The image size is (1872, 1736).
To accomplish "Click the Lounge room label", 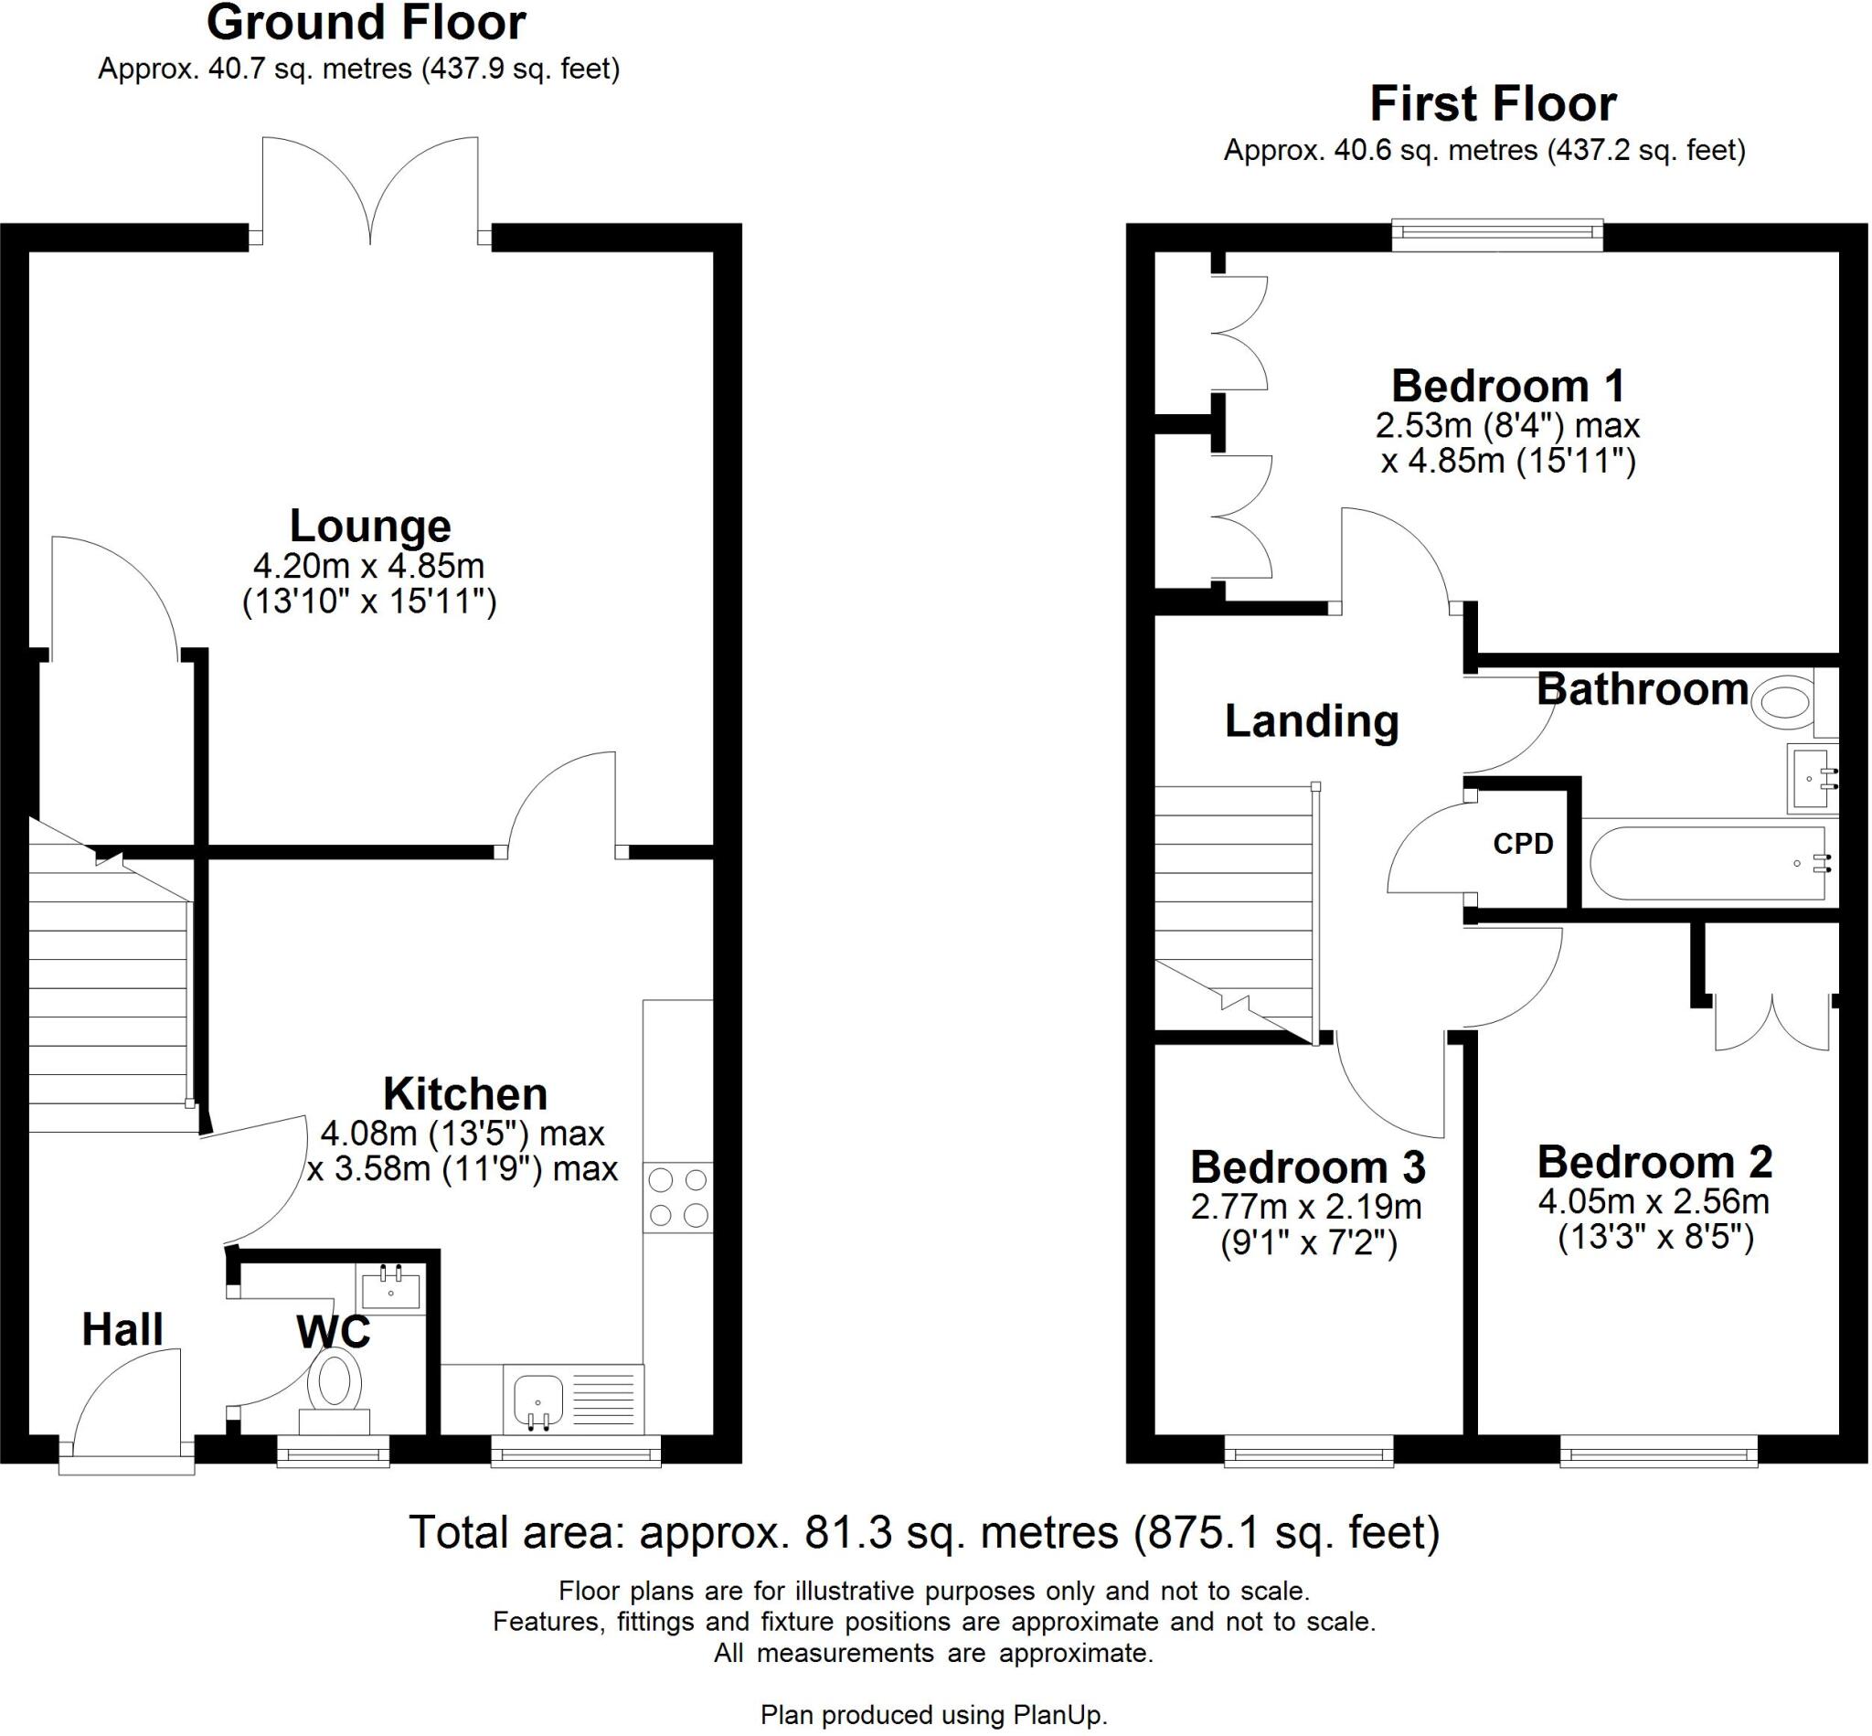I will (x=369, y=526).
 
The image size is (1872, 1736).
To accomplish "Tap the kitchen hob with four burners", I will (x=677, y=1197).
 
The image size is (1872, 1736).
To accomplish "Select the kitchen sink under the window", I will (x=538, y=1401).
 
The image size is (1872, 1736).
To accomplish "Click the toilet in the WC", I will (x=335, y=1390).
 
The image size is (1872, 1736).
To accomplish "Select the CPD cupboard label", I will (x=1523, y=844).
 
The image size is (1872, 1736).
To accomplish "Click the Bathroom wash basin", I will (x=1811, y=779).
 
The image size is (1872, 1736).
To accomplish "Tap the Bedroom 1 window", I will (x=1497, y=236).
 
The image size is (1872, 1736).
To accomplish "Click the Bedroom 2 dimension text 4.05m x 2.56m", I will (x=1654, y=1201).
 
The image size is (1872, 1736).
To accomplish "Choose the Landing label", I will (x=1312, y=721).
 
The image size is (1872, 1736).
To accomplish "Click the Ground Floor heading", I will (x=366, y=24).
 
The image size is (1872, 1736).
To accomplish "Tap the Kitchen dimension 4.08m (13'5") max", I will (x=463, y=1134).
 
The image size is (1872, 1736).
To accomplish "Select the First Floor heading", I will (x=1493, y=104).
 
